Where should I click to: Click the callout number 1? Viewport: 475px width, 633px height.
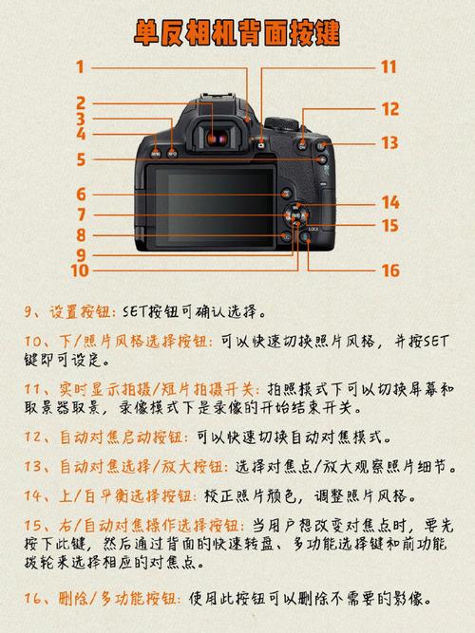81,66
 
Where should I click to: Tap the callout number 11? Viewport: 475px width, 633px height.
389,66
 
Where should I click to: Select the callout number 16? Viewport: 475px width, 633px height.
389,270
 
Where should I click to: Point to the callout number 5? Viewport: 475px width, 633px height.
81,160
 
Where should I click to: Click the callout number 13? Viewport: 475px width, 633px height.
389,143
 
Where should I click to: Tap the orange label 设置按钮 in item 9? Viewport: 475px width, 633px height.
82,311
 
